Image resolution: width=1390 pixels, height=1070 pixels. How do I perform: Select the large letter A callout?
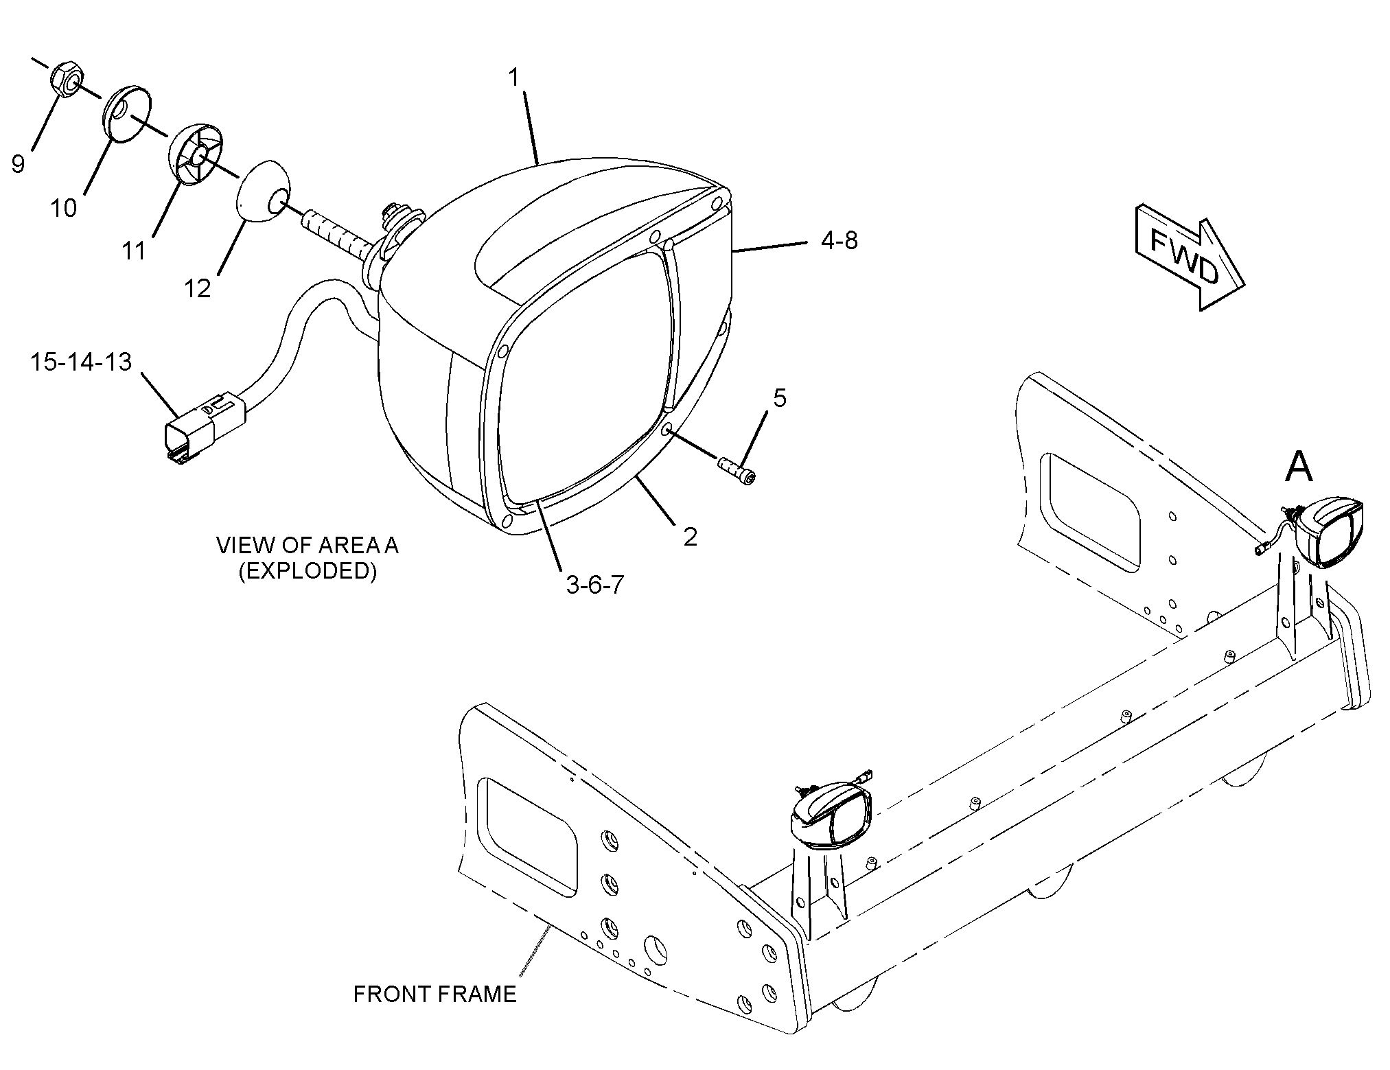click(1298, 467)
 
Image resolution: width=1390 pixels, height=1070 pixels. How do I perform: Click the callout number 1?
click(514, 78)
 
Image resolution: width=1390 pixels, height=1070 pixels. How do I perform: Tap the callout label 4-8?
click(839, 240)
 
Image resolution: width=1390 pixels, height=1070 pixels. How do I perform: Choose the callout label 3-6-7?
click(594, 585)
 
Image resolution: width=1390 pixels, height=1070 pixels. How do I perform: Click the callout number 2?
click(690, 536)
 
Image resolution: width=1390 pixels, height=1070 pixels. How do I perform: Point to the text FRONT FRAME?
click(435, 993)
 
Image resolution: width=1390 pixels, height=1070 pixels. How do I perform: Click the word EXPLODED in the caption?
click(307, 571)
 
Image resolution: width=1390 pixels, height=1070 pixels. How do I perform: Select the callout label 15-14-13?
click(80, 362)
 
